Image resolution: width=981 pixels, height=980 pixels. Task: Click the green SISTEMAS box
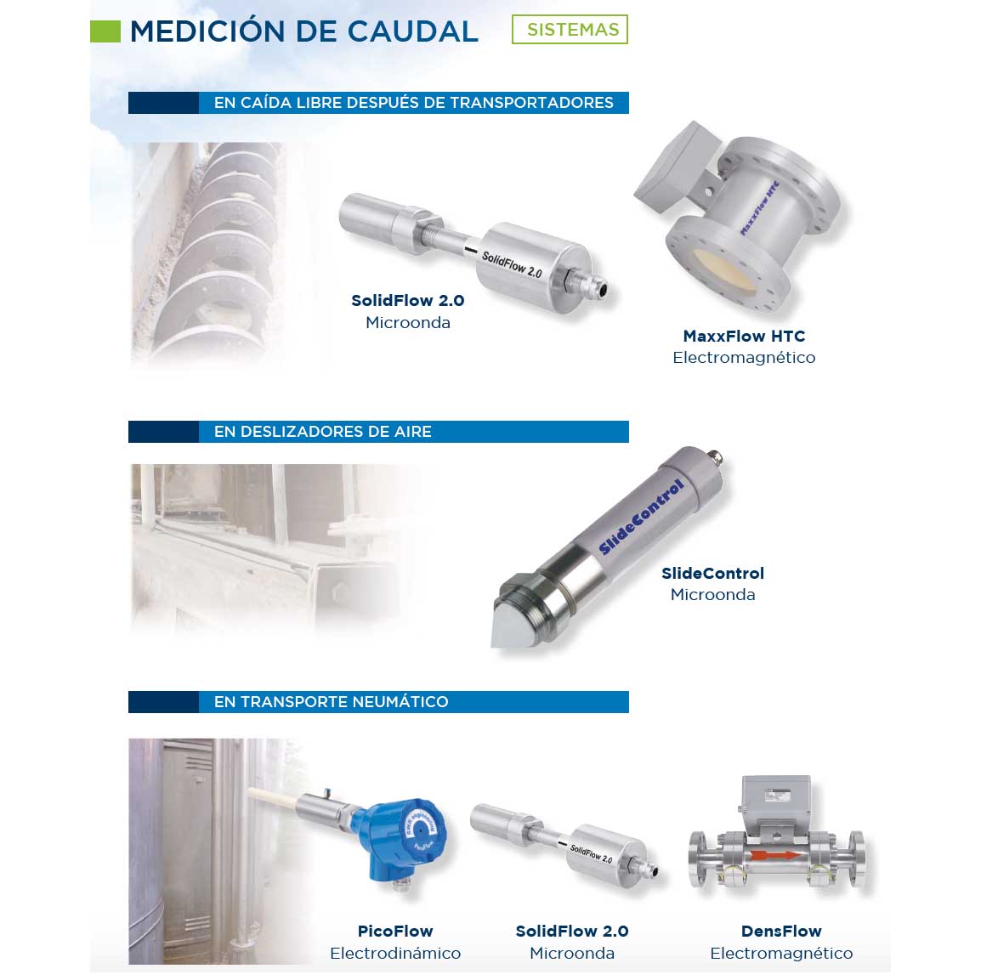[x=570, y=30]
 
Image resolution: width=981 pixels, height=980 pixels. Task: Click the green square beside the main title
[x=105, y=31]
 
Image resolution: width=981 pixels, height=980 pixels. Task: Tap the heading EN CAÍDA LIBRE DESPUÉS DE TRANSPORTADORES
[x=413, y=103]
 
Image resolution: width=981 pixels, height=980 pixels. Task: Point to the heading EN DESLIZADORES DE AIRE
[x=322, y=432]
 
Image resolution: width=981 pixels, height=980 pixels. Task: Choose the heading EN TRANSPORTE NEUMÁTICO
[x=331, y=702]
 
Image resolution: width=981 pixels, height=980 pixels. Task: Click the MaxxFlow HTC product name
[x=743, y=336]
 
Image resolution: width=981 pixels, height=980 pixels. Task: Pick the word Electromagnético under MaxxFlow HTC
[x=743, y=358]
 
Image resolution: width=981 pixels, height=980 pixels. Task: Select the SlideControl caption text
[x=712, y=574]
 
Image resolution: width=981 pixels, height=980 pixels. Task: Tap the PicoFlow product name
[x=395, y=931]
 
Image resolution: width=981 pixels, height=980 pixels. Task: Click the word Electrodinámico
[x=395, y=953]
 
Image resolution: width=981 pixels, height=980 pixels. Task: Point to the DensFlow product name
[x=780, y=931]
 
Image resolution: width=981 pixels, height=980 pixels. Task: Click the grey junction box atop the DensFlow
[x=775, y=800]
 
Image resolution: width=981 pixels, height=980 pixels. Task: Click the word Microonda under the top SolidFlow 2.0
[x=407, y=323]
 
